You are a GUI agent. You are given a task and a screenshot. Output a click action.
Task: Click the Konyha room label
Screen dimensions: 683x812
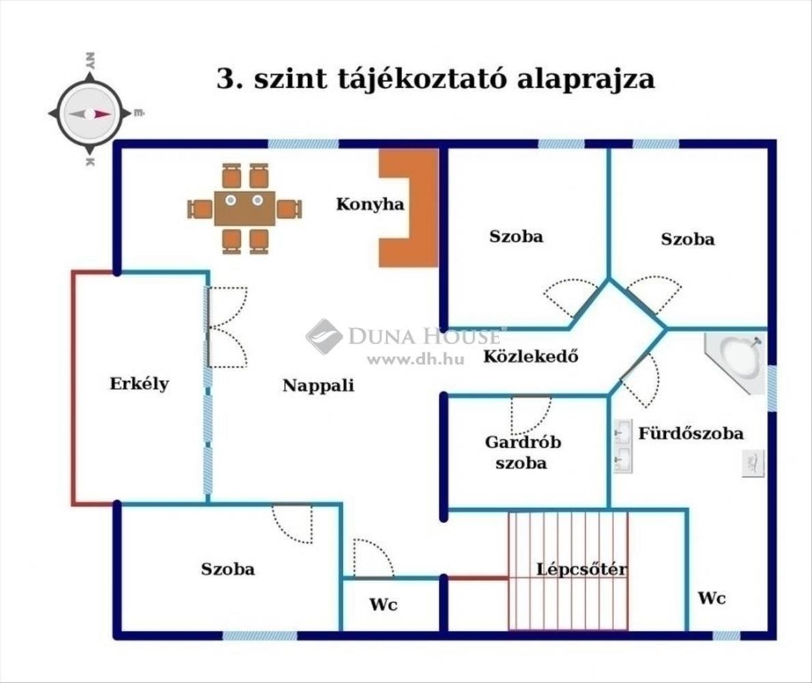pos(370,204)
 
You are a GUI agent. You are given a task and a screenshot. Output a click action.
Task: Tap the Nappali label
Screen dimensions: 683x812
pos(318,385)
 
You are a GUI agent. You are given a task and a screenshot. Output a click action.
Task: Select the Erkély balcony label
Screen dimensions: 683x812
pos(139,383)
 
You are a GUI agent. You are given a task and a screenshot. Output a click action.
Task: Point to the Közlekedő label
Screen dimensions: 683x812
pos(531,356)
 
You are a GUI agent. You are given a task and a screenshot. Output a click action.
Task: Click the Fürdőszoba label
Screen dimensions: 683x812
pos(691,433)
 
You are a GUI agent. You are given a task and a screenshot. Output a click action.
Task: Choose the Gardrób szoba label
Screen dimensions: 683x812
pos(523,452)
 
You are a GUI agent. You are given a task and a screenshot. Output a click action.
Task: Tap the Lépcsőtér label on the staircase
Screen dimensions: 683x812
pos(581,569)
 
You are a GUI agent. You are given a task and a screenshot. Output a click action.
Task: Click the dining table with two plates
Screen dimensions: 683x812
pos(244,208)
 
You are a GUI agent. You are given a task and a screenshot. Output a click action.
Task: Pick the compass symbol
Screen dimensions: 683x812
pos(89,113)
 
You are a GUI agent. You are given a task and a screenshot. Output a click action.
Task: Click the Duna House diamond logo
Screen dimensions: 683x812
pos(324,336)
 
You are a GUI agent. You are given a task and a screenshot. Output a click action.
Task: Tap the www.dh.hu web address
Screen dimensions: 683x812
pos(415,359)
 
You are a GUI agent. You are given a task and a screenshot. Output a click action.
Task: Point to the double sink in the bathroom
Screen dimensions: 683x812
pos(622,445)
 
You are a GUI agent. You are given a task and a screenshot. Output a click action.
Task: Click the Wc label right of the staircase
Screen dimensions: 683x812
pos(712,598)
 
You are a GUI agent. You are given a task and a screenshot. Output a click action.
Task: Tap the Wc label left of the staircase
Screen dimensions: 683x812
pos(383,604)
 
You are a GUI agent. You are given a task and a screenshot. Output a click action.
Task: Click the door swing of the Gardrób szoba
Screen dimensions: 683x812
pos(530,414)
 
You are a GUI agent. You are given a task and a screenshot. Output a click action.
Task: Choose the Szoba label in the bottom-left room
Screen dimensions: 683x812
pos(227,568)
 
